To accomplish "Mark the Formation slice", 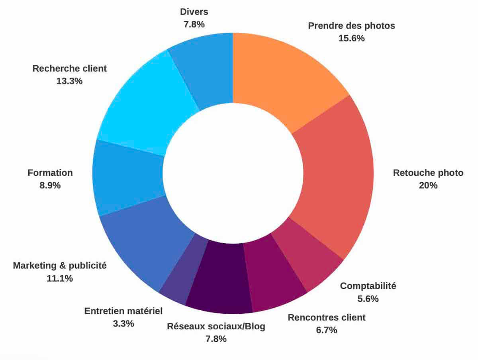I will (x=127, y=175).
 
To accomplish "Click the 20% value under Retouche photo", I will (x=428, y=186).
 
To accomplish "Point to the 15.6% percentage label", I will (x=352, y=39).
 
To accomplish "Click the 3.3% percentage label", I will (x=123, y=323).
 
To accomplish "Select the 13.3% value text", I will (x=70, y=81).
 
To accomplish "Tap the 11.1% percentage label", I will (x=60, y=278).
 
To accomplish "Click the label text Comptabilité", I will (x=368, y=286).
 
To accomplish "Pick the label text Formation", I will (x=50, y=173).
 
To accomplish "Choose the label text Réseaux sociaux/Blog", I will (x=216, y=327).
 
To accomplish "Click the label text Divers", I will (x=194, y=12).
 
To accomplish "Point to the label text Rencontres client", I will (x=327, y=318).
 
